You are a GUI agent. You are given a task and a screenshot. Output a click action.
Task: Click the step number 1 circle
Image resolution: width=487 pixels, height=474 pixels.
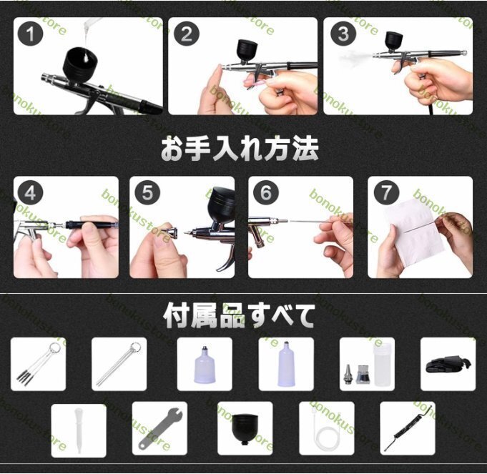click(30, 34)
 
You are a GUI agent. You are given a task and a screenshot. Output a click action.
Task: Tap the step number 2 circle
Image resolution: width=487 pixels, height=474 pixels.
click(186, 34)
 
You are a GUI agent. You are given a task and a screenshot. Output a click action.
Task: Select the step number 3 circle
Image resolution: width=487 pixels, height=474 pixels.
click(343, 34)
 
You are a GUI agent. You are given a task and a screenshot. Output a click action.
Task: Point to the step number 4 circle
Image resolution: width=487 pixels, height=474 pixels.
click(30, 193)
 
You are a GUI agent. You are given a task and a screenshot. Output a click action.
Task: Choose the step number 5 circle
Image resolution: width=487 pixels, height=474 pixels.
click(147, 193)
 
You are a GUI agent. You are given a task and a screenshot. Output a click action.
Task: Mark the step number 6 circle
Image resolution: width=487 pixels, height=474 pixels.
click(266, 193)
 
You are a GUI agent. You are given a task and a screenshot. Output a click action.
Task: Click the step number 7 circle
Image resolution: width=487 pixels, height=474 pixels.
click(386, 193)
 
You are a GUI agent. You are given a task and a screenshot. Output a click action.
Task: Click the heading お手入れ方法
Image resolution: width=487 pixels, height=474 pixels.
click(240, 149)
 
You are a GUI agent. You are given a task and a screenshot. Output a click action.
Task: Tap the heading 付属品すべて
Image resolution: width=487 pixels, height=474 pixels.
click(239, 316)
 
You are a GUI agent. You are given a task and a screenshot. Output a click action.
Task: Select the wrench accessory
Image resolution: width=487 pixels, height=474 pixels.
click(159, 429)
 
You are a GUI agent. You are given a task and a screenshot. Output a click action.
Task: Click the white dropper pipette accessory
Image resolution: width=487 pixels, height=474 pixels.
click(79, 430)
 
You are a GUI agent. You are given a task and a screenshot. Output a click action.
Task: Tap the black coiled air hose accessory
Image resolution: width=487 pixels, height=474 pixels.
click(408, 428)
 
